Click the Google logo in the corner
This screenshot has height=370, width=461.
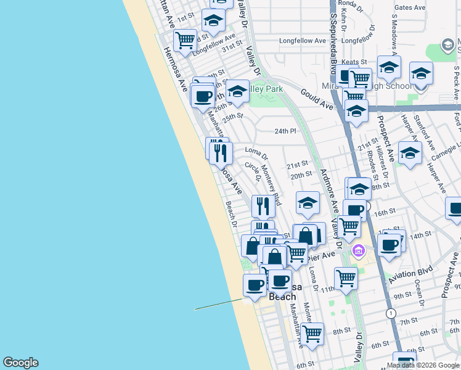tap(20, 363)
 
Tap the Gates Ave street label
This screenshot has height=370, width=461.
tap(410, 8)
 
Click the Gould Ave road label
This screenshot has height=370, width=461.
tap(317, 99)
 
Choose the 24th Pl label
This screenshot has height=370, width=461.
tap(285, 131)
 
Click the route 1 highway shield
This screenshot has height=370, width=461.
tap(390, 313)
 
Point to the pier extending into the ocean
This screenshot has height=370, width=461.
tap(219, 305)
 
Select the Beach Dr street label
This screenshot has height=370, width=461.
tap(231, 213)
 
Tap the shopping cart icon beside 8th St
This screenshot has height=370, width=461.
tap(312, 333)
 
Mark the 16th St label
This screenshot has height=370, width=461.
tap(384, 212)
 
